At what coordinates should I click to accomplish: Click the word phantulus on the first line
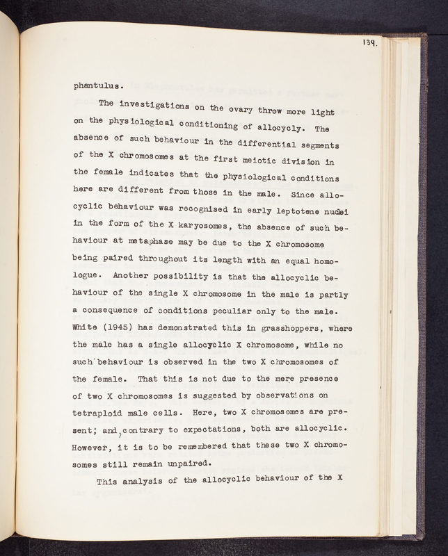tap(99, 87)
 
